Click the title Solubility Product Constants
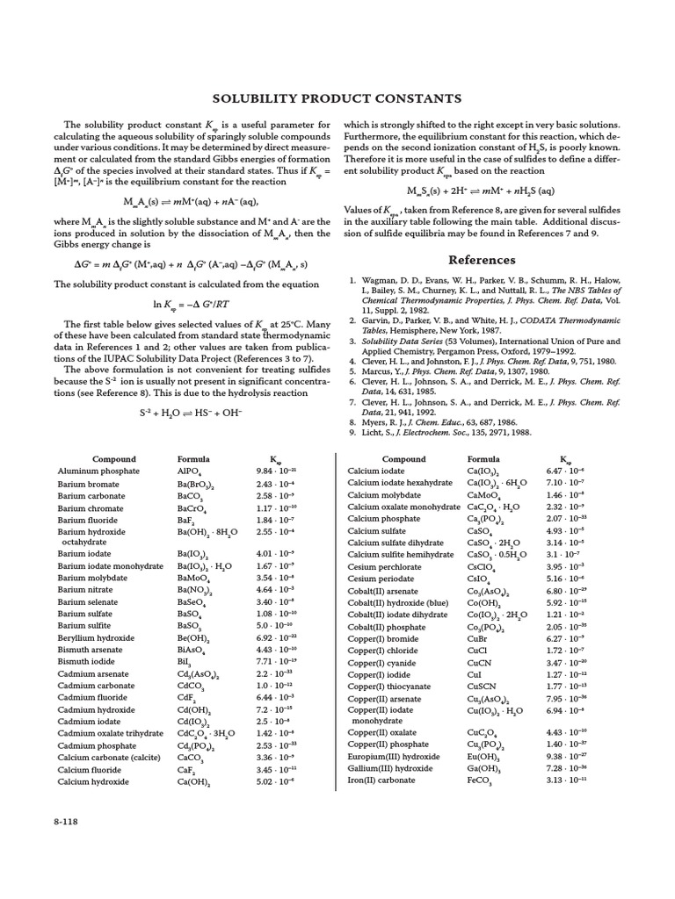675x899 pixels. [337, 98]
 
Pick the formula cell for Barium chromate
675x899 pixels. [192, 508]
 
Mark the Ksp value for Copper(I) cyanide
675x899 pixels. [571, 661]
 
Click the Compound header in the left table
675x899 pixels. [115, 459]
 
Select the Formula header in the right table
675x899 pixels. [483, 459]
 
